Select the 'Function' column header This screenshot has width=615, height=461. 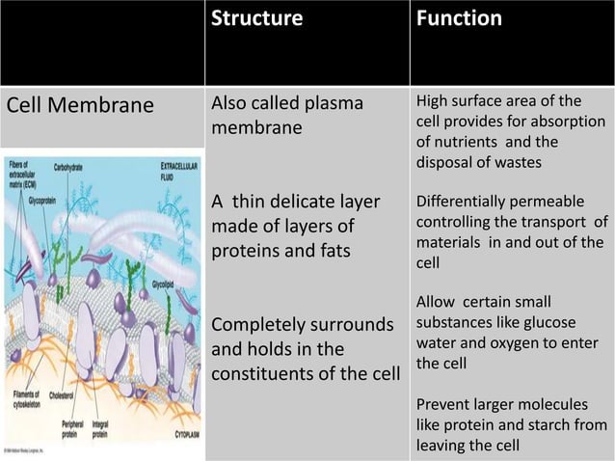(459, 19)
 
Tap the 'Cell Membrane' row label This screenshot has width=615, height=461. (81, 105)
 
